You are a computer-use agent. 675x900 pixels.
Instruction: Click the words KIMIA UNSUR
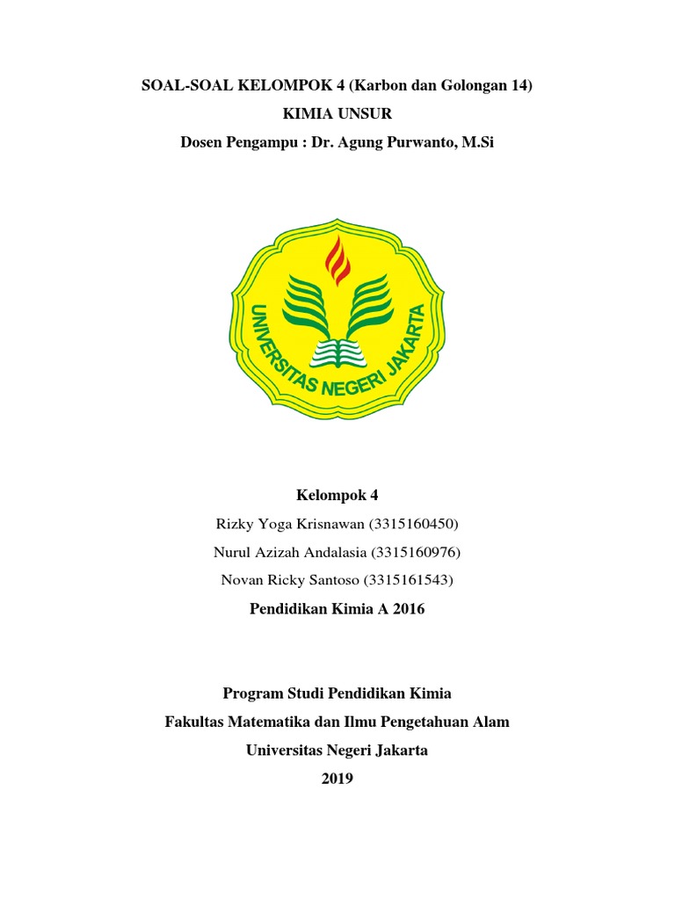(x=337, y=113)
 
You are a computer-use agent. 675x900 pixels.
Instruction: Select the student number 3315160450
(x=416, y=525)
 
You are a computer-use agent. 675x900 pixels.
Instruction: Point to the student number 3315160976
(x=416, y=552)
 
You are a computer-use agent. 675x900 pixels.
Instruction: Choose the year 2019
(x=337, y=778)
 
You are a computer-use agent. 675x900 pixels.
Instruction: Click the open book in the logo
(x=337, y=351)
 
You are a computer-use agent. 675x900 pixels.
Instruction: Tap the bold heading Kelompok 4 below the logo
(x=337, y=496)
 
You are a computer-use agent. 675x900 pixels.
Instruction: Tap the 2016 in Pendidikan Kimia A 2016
(x=408, y=608)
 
